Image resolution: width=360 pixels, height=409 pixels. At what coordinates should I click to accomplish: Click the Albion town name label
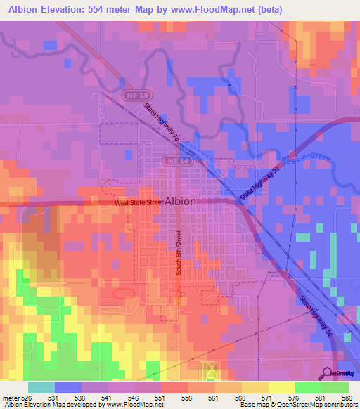[x=181, y=200]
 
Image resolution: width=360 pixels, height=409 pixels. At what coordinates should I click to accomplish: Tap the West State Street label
[x=139, y=202]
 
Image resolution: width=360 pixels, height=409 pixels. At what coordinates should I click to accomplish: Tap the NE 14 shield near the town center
[x=176, y=161]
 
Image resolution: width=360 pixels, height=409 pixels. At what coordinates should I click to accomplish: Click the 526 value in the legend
[x=26, y=398]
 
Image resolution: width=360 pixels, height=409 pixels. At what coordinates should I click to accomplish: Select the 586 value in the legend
[x=348, y=398]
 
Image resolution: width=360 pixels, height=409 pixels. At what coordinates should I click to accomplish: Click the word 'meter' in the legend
[x=10, y=398]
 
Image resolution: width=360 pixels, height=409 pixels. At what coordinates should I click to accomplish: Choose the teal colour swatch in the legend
[x=41, y=387]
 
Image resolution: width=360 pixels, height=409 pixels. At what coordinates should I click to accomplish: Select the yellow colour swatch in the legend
[x=281, y=387]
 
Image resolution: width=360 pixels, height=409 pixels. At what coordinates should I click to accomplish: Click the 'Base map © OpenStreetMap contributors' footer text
[x=297, y=405]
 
